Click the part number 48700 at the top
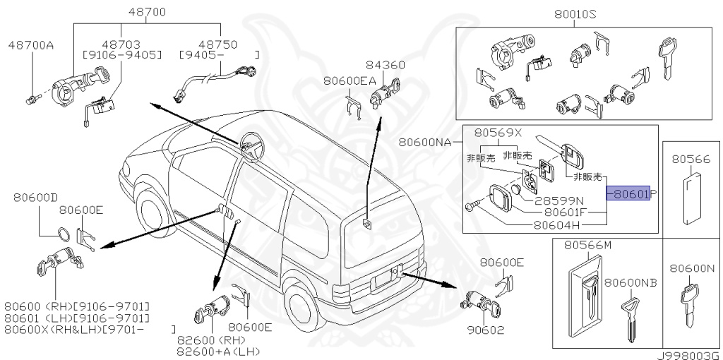click(147, 12)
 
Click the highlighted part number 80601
click(631, 193)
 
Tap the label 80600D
click(35, 198)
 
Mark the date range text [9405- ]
click(219, 54)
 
